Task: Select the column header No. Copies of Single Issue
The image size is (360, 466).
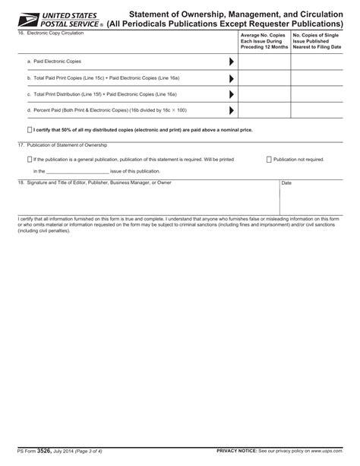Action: click(x=315, y=36)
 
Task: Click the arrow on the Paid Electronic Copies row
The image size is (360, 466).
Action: click(x=231, y=61)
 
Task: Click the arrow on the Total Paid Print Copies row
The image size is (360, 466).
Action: click(x=231, y=78)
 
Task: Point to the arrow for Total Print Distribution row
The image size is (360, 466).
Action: click(x=231, y=94)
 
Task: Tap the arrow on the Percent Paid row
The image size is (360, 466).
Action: click(x=231, y=111)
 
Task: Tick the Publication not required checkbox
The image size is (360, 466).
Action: click(x=269, y=160)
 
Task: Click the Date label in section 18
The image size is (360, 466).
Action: click(x=286, y=183)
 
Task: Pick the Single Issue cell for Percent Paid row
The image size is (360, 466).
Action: click(x=316, y=111)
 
